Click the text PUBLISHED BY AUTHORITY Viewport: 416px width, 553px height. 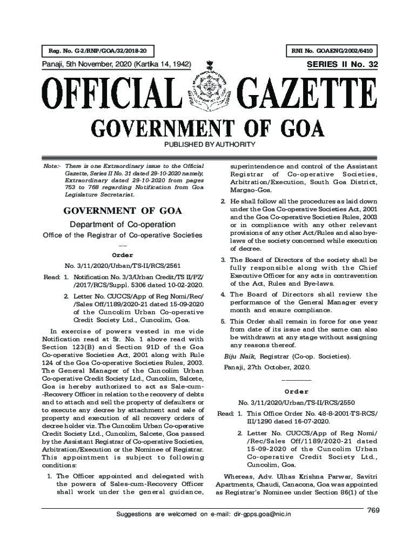pyautogui.click(x=208, y=145)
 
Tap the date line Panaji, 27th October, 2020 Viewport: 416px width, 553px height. pyautogui.click(x=267, y=368)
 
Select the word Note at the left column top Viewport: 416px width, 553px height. pyautogui.click(x=51, y=165)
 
